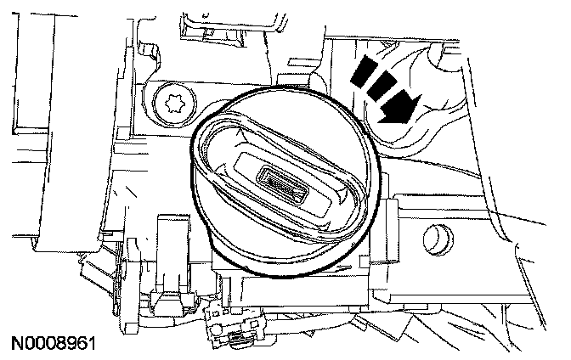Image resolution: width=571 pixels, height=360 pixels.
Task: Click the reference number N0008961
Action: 52,346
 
